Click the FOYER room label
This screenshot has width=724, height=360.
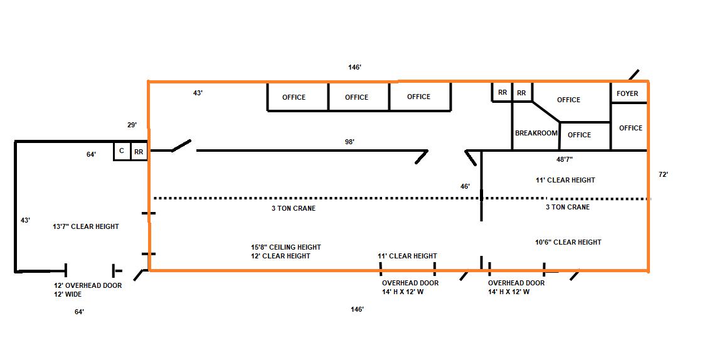coord(627,93)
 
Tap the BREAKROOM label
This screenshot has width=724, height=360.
coord(536,133)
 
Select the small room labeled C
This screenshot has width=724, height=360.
coord(122,151)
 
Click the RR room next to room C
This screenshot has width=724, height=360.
coord(139,151)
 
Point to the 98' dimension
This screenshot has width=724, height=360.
coord(349,142)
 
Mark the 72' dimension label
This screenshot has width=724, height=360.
coord(664,174)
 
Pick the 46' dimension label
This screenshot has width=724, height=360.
coord(465,186)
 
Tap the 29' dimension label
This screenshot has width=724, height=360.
coord(132,125)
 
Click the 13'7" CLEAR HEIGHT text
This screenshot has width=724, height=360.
coord(86,226)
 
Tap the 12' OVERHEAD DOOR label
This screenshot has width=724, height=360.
coord(88,286)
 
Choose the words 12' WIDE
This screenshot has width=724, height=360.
coord(68,294)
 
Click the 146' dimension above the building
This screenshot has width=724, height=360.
coord(354,67)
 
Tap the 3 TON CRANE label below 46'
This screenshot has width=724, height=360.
coord(568,207)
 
